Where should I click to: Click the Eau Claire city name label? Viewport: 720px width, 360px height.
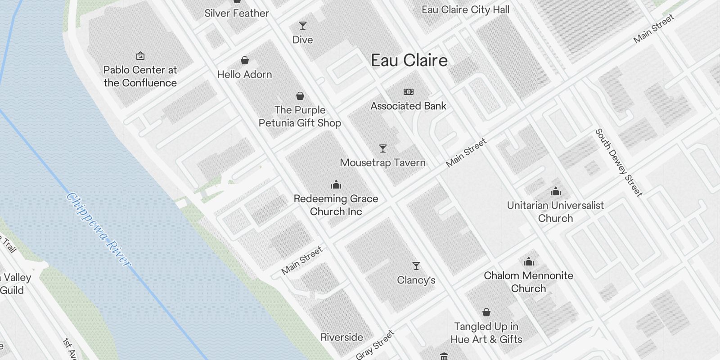(x=409, y=60)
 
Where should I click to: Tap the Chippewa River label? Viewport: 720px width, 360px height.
(x=99, y=229)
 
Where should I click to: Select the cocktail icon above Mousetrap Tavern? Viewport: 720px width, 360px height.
(x=382, y=148)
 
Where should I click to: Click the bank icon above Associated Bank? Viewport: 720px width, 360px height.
(x=408, y=92)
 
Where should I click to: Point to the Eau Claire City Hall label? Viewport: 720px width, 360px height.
(x=465, y=9)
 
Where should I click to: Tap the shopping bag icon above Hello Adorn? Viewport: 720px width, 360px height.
(x=245, y=60)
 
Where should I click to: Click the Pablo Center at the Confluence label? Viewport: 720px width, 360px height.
(x=140, y=76)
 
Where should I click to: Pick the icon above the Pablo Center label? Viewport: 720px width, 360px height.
(x=140, y=56)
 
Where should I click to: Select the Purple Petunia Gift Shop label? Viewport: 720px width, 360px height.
(x=300, y=116)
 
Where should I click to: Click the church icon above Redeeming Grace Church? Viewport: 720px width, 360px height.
(x=336, y=184)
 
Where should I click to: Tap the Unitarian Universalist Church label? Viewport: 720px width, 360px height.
(x=555, y=211)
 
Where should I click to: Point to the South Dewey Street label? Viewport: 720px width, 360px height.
(x=619, y=162)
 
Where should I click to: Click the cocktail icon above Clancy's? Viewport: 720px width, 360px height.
(x=416, y=266)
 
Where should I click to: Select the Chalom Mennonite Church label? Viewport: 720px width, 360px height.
(x=528, y=282)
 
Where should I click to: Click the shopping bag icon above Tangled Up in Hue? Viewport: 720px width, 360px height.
(x=486, y=312)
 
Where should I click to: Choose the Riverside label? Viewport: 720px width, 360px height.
(x=342, y=337)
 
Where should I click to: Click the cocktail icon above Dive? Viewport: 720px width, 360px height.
(x=303, y=26)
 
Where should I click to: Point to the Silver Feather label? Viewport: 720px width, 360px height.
(x=237, y=13)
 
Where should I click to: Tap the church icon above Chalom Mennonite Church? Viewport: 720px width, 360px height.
(x=528, y=261)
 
